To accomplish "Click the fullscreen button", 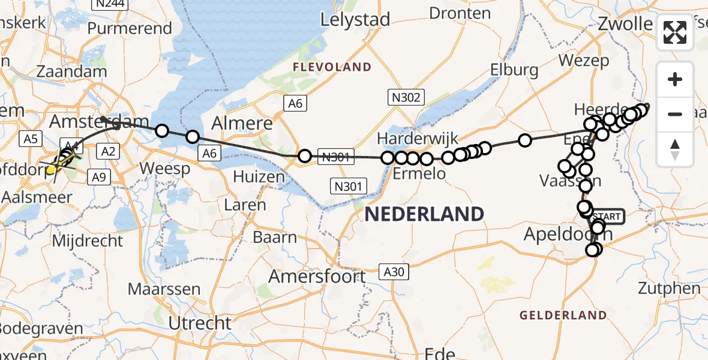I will tap(675, 32).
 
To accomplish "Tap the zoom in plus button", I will tap(675, 80).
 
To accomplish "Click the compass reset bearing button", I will tap(675, 149).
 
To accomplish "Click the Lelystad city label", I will tap(355, 19).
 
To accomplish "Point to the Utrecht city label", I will tap(200, 323).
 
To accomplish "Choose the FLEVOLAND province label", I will tap(332, 67).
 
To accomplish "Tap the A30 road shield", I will tap(394, 272).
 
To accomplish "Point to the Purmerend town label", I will tap(130, 28).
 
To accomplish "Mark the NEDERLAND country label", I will tap(424, 214).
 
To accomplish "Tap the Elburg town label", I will tap(514, 70).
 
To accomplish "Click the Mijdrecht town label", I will tap(88, 241).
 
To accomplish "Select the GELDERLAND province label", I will tap(563, 315).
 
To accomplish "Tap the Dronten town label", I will tap(460, 13).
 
